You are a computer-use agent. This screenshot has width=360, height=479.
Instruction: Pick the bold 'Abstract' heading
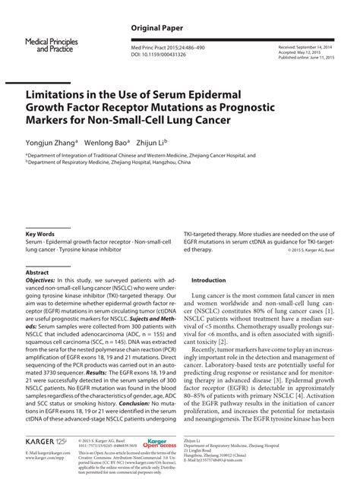(x=37, y=271)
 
